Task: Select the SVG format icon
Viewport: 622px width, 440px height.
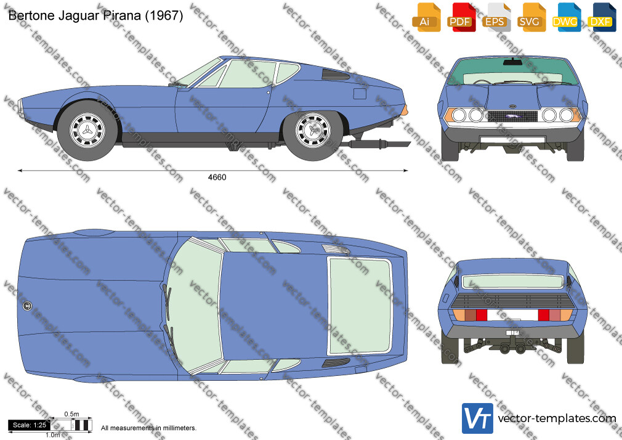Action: [x=531, y=17]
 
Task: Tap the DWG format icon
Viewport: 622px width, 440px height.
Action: [x=566, y=17]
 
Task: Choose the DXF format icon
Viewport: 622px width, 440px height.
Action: [x=600, y=17]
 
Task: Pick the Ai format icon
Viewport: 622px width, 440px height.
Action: [x=426, y=17]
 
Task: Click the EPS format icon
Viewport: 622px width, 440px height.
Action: [x=496, y=17]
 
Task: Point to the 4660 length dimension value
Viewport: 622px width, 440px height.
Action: [x=217, y=177]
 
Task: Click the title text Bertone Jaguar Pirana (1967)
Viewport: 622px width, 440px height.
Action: [x=95, y=15]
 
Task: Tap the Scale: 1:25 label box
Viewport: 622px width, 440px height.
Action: [x=30, y=425]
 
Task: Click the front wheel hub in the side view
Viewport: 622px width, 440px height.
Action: [x=87, y=130]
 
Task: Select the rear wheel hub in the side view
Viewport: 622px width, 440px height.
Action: [x=313, y=130]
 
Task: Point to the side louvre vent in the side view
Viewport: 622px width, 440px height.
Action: [x=334, y=75]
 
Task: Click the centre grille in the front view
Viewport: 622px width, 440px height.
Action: [x=512, y=116]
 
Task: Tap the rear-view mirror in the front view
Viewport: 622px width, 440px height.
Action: [x=512, y=62]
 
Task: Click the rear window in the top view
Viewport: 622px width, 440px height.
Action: [x=360, y=306]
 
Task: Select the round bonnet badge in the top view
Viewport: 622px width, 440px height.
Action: [x=27, y=306]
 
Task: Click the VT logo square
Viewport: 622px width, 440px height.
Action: [x=477, y=418]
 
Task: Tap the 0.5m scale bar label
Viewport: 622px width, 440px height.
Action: [x=72, y=414]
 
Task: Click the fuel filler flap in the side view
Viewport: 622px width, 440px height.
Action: [x=360, y=94]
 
